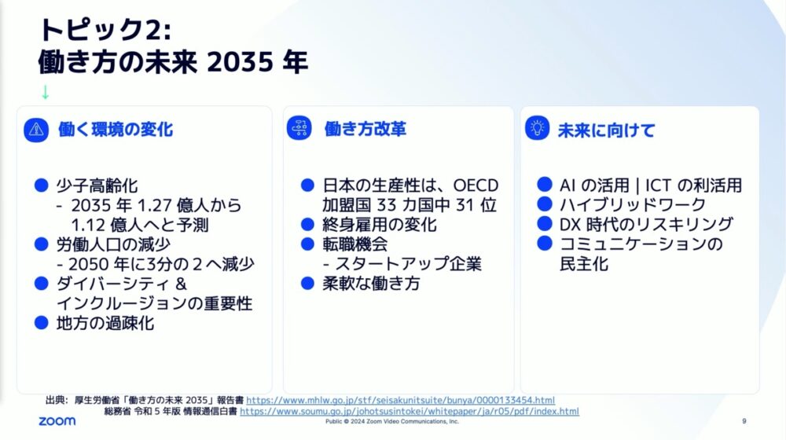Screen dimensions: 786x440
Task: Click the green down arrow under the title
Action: click(45, 92)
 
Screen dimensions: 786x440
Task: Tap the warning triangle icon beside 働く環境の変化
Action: click(36, 130)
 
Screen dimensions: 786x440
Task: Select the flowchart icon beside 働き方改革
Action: click(299, 128)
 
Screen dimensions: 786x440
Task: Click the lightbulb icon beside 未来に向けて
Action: click(538, 128)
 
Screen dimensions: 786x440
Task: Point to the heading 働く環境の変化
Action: click(116, 130)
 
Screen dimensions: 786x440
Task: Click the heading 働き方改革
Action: click(365, 129)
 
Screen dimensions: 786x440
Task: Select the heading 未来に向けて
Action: click(607, 130)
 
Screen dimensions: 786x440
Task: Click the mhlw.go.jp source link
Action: click(401, 400)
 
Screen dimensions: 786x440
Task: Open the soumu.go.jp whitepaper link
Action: click(410, 411)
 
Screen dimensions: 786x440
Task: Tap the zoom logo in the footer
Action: click(57, 421)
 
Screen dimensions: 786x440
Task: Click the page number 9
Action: click(744, 421)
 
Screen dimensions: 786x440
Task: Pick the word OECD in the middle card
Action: click(476, 185)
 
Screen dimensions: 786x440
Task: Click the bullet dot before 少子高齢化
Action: click(41, 185)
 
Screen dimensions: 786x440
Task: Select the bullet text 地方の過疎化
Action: click(105, 323)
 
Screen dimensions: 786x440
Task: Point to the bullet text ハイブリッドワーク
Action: click(633, 204)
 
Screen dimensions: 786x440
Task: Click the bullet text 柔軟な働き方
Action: click(372, 284)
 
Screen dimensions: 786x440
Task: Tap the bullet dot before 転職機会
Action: click(307, 244)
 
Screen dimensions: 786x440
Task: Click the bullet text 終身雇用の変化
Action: click(380, 225)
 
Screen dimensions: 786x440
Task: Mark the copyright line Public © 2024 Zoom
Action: click(392, 421)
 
